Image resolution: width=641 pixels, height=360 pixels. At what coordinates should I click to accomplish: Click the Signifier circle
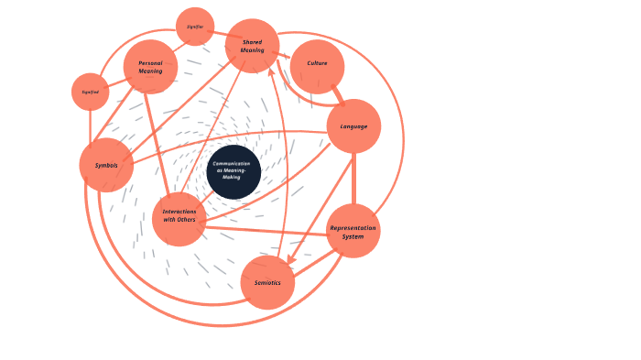click(195, 27)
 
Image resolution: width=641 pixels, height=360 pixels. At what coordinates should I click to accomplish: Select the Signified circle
click(90, 92)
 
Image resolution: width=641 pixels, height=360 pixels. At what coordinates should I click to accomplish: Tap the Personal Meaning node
click(150, 67)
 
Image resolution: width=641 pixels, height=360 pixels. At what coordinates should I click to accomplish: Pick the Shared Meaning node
click(252, 46)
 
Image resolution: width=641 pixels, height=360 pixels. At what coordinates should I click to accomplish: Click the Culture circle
click(317, 66)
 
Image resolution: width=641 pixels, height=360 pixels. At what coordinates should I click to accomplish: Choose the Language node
click(353, 126)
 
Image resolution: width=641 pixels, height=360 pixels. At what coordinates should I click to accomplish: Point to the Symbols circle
click(106, 165)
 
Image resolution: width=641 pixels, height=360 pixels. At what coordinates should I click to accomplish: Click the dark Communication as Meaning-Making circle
click(234, 171)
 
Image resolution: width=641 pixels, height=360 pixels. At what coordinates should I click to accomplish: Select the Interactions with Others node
click(179, 219)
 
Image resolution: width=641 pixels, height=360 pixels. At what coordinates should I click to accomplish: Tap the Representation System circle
click(353, 231)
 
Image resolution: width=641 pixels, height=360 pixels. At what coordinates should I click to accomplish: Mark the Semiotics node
click(267, 282)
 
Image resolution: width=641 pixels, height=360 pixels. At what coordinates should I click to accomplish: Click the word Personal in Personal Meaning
click(150, 63)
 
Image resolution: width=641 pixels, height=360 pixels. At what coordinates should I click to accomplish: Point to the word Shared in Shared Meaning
click(252, 42)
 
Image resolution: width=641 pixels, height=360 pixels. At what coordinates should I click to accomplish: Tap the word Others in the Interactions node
click(186, 220)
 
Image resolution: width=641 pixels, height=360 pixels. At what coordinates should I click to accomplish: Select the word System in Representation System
click(353, 236)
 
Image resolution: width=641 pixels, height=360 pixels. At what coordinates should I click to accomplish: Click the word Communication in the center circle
click(232, 164)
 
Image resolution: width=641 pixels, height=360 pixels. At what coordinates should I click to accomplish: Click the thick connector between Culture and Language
click(338, 93)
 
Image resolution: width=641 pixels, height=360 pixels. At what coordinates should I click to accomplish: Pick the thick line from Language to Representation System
click(353, 179)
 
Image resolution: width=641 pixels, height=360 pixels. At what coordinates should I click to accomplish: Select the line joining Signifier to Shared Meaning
click(220, 35)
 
